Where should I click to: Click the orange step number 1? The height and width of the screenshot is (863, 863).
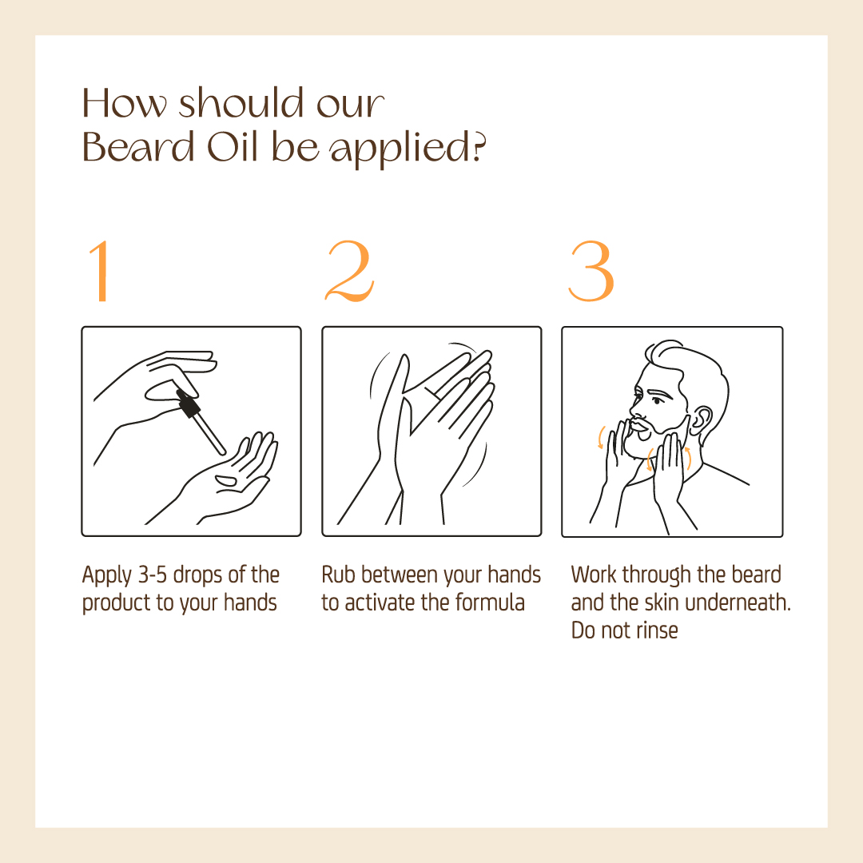[100, 271]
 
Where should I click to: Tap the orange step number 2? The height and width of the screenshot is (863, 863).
[350, 271]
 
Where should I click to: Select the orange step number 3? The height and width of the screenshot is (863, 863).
[591, 271]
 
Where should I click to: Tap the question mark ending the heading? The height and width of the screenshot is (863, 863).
[480, 149]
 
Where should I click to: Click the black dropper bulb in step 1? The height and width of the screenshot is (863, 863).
[189, 404]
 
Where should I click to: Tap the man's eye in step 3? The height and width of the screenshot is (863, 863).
[658, 400]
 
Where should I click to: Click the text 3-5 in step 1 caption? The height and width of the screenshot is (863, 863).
[152, 575]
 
